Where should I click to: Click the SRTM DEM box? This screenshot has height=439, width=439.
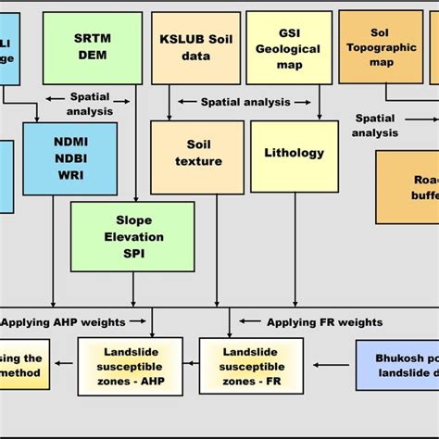pyautogui.click(x=92, y=47)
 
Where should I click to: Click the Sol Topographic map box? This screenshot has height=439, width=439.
pyautogui.click(x=381, y=46)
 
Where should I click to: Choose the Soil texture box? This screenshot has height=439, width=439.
pyautogui.click(x=198, y=153)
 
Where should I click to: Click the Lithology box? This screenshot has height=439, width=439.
pyautogui.click(x=294, y=153)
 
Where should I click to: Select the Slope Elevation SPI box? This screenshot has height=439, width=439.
pyautogui.click(x=132, y=236)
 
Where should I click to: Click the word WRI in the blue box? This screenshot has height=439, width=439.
pyautogui.click(x=70, y=175)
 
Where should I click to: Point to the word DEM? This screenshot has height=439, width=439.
pyautogui.click(x=92, y=56)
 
